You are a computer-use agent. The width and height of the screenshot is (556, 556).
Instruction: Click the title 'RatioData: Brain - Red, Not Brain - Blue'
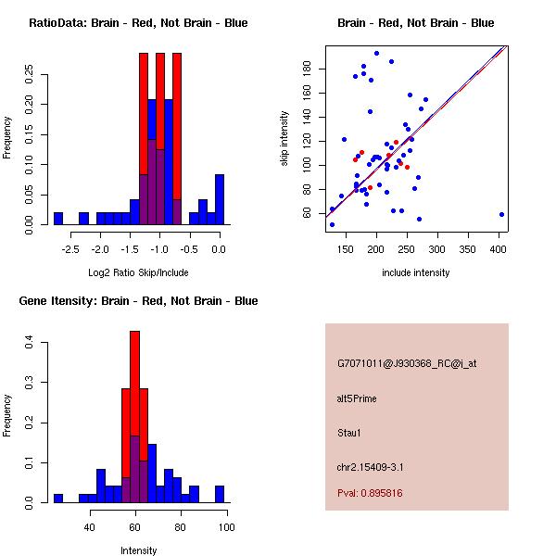tap(138, 23)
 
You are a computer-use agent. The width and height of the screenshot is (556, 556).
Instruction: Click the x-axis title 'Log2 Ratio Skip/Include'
tap(138, 272)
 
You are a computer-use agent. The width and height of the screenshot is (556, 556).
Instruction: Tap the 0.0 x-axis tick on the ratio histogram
tap(219, 249)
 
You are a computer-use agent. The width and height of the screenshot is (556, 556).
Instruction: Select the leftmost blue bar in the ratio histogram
tap(58, 219)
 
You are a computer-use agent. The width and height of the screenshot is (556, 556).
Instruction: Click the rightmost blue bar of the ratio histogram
tap(219, 199)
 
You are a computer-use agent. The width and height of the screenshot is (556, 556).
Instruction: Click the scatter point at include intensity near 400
tap(501, 214)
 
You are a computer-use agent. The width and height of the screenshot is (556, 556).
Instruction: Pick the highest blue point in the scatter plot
tap(376, 54)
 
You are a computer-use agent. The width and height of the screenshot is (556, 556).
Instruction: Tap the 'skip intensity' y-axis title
tap(285, 139)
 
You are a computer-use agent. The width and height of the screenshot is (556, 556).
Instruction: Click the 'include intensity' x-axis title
tap(416, 272)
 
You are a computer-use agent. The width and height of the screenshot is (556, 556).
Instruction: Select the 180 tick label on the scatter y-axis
tap(308, 69)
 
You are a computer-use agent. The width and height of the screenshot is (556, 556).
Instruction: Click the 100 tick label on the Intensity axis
tap(227, 527)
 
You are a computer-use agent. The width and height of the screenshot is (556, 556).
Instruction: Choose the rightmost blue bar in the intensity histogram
tap(220, 494)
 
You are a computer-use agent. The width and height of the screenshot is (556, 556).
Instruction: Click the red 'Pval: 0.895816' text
tap(370, 494)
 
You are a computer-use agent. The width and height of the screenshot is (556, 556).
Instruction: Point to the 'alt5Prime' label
tap(357, 398)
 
